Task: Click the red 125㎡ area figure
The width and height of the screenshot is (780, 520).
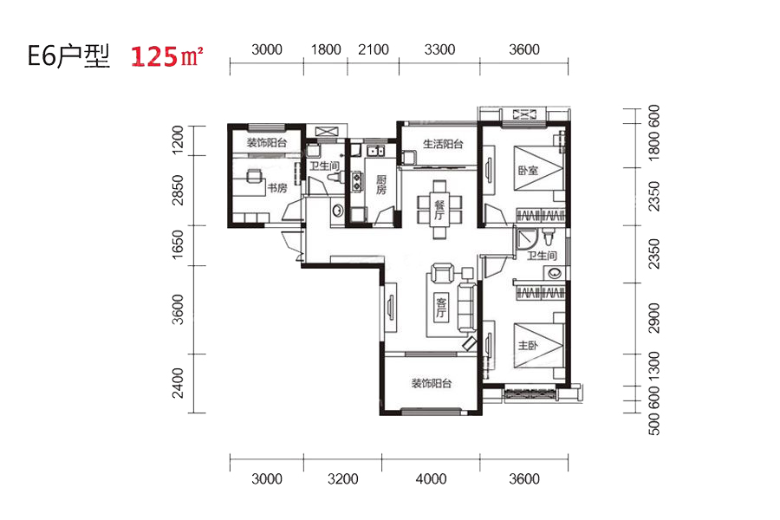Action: pos(166,55)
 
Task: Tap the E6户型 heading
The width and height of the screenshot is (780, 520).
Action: pos(68,55)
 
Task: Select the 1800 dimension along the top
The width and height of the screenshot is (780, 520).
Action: pos(326,49)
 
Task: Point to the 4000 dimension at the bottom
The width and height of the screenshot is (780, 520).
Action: pos(431,478)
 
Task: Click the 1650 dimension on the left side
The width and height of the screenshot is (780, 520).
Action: pos(177,244)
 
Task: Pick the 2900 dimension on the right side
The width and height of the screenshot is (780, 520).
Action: pos(654,318)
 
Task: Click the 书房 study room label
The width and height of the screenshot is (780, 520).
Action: pos(277,188)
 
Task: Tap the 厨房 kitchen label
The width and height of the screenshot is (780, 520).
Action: pos(381,185)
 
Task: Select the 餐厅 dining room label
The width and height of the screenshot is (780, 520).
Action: pos(439,210)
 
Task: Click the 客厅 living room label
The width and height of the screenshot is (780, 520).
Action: pos(441,308)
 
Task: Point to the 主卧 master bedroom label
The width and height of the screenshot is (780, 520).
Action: pos(528,345)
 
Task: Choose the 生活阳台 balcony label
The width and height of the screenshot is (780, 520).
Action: pos(443,145)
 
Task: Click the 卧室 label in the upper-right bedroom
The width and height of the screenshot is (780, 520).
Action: pos(528,171)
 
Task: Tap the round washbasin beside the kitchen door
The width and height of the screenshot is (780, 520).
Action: pos(337,211)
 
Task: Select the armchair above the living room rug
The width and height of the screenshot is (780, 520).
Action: pos(442,272)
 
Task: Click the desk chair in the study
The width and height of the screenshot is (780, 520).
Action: pos(254,176)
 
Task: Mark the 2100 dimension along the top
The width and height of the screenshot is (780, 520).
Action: pos(373,49)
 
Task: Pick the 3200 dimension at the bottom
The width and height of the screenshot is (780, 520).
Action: pos(342,478)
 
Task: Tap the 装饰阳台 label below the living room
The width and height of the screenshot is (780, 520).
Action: pos(432,384)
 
